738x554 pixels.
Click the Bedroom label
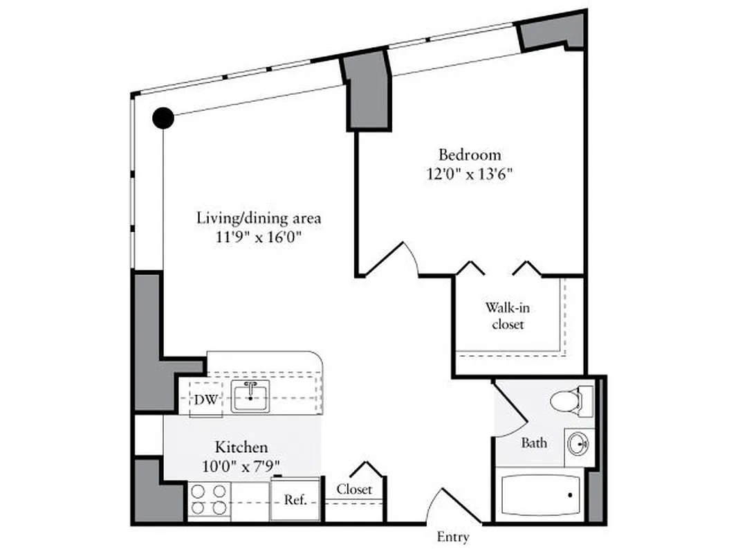point(470,154)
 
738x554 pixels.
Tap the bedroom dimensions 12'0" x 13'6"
point(470,173)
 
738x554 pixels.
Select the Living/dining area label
point(259,218)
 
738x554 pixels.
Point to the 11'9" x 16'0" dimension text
point(259,238)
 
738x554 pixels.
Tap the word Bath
point(534,443)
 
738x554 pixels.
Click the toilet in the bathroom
point(570,400)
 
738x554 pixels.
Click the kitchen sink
point(250,396)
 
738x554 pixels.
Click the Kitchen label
point(241,447)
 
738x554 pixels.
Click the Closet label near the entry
point(354,489)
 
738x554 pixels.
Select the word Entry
point(453,537)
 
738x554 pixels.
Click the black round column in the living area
point(163,118)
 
